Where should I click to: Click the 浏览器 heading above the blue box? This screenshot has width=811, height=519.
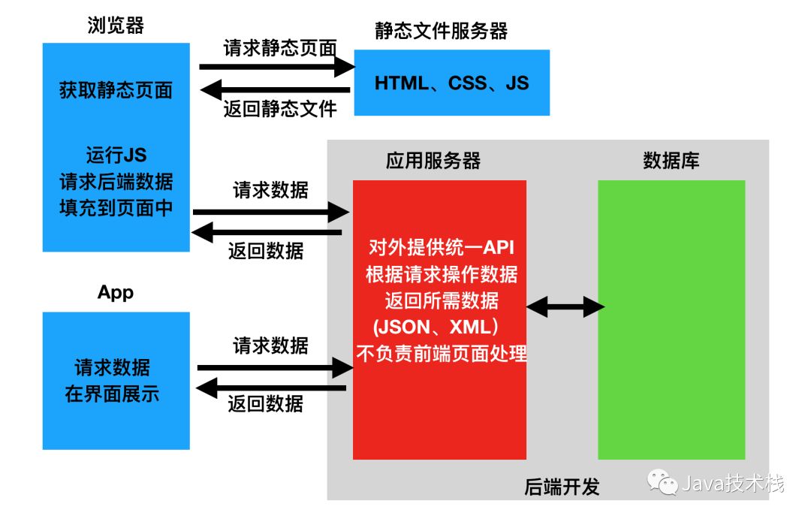click(116, 26)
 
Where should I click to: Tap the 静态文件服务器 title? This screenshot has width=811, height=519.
click(442, 31)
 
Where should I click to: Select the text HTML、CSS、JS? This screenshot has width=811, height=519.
click(451, 83)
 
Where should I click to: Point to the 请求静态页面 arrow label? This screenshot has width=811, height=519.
click(279, 48)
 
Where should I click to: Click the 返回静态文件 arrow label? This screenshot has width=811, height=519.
click(279, 109)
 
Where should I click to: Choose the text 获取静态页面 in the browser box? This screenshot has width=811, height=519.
click(116, 91)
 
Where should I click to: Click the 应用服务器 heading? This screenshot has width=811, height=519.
click(433, 161)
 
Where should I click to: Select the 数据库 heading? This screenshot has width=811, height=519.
click(671, 161)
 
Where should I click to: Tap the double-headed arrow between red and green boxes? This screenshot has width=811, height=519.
click(565, 306)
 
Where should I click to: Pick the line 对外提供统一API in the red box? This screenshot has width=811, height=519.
click(442, 248)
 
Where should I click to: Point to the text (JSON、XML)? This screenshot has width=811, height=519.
click(436, 327)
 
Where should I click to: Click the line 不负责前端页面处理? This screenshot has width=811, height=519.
click(442, 353)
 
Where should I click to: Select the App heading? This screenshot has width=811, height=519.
click(116, 292)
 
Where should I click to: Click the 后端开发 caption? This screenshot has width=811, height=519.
click(562, 487)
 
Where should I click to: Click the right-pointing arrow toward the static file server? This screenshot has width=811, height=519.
click(277, 67)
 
